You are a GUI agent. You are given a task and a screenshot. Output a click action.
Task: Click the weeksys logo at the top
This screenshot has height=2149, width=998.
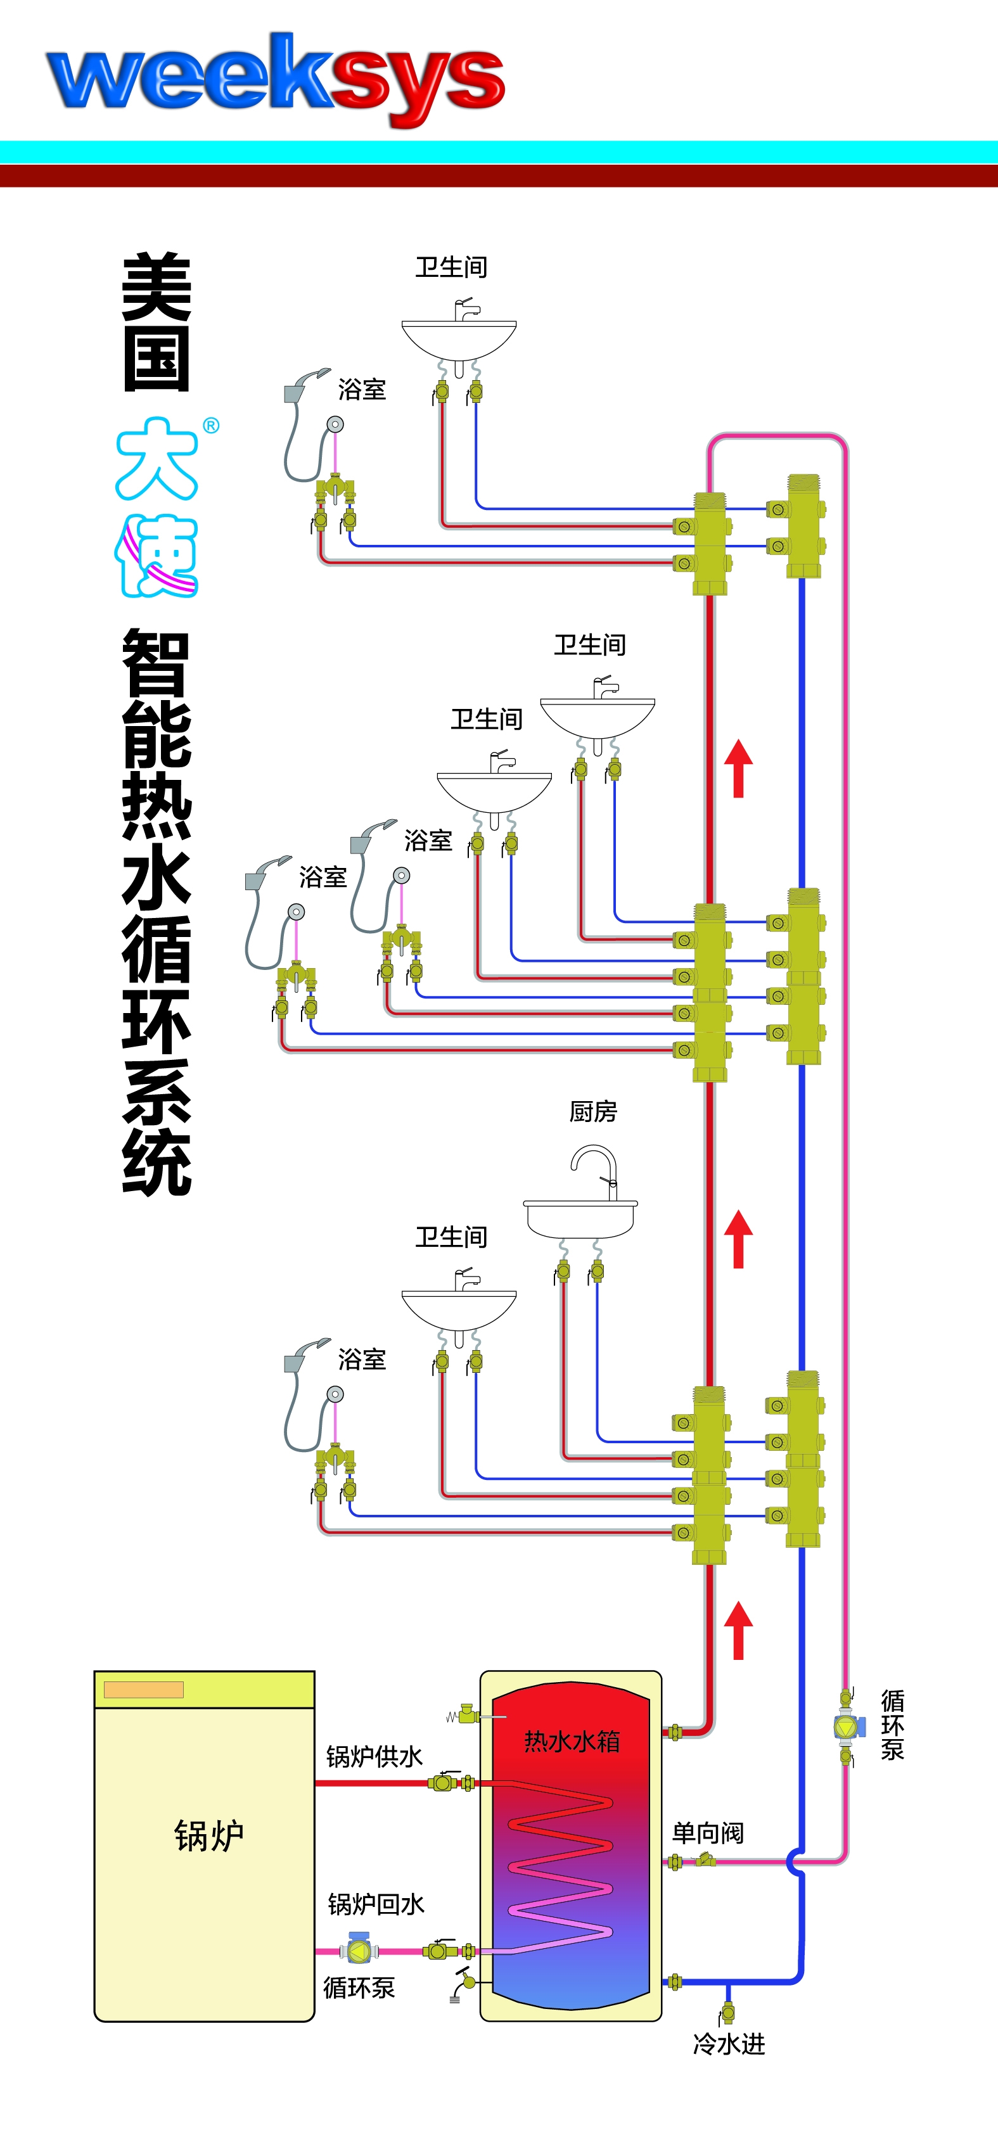[x=276, y=79]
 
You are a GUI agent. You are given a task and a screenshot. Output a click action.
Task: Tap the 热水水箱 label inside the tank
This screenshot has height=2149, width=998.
[x=572, y=1740]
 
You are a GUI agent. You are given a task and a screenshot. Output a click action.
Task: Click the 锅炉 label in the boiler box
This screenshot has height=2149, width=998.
[x=208, y=1835]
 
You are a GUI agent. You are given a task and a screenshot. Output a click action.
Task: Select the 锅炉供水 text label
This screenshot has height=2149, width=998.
[x=374, y=1756]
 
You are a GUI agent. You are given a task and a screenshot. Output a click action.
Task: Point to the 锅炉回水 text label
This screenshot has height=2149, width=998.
[x=376, y=1904]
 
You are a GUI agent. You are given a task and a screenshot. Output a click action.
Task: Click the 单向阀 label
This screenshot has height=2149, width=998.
[x=708, y=1833]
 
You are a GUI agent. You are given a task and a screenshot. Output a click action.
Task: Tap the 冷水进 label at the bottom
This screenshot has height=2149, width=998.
[x=729, y=2044]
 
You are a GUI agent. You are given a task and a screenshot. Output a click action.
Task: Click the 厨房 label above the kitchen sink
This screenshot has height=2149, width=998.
[x=593, y=1111]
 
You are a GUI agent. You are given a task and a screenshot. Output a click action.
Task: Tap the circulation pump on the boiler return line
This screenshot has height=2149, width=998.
[x=359, y=1951]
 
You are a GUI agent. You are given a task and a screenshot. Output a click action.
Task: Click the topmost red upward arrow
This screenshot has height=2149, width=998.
[x=738, y=767]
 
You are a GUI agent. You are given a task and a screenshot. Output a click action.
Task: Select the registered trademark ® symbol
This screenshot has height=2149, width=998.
[x=211, y=426]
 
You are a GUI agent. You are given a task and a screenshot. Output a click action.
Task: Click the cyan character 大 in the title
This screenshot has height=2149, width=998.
[x=157, y=459]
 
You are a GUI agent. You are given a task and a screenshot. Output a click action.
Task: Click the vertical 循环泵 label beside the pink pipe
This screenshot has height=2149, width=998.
[x=893, y=1725]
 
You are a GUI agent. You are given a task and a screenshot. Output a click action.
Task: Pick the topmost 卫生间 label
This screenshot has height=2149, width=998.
[x=451, y=267]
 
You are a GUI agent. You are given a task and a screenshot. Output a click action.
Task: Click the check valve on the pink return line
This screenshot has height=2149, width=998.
[x=706, y=1859]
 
